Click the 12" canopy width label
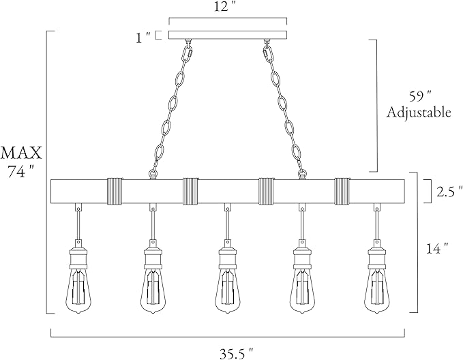tap(226, 7)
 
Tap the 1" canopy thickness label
tap(143, 37)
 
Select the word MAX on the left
tap(21, 153)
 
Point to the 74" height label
tap(20, 171)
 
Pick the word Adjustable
tap(419, 112)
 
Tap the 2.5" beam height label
tap(449, 192)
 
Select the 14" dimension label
tap(438, 248)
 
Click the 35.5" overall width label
tap(236, 352)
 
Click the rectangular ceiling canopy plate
tap(228, 34)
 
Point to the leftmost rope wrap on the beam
tap(115, 191)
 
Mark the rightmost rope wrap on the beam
tap(342, 191)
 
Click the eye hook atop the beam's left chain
tap(153, 175)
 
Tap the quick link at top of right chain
tap(267, 53)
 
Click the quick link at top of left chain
tap(188, 53)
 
